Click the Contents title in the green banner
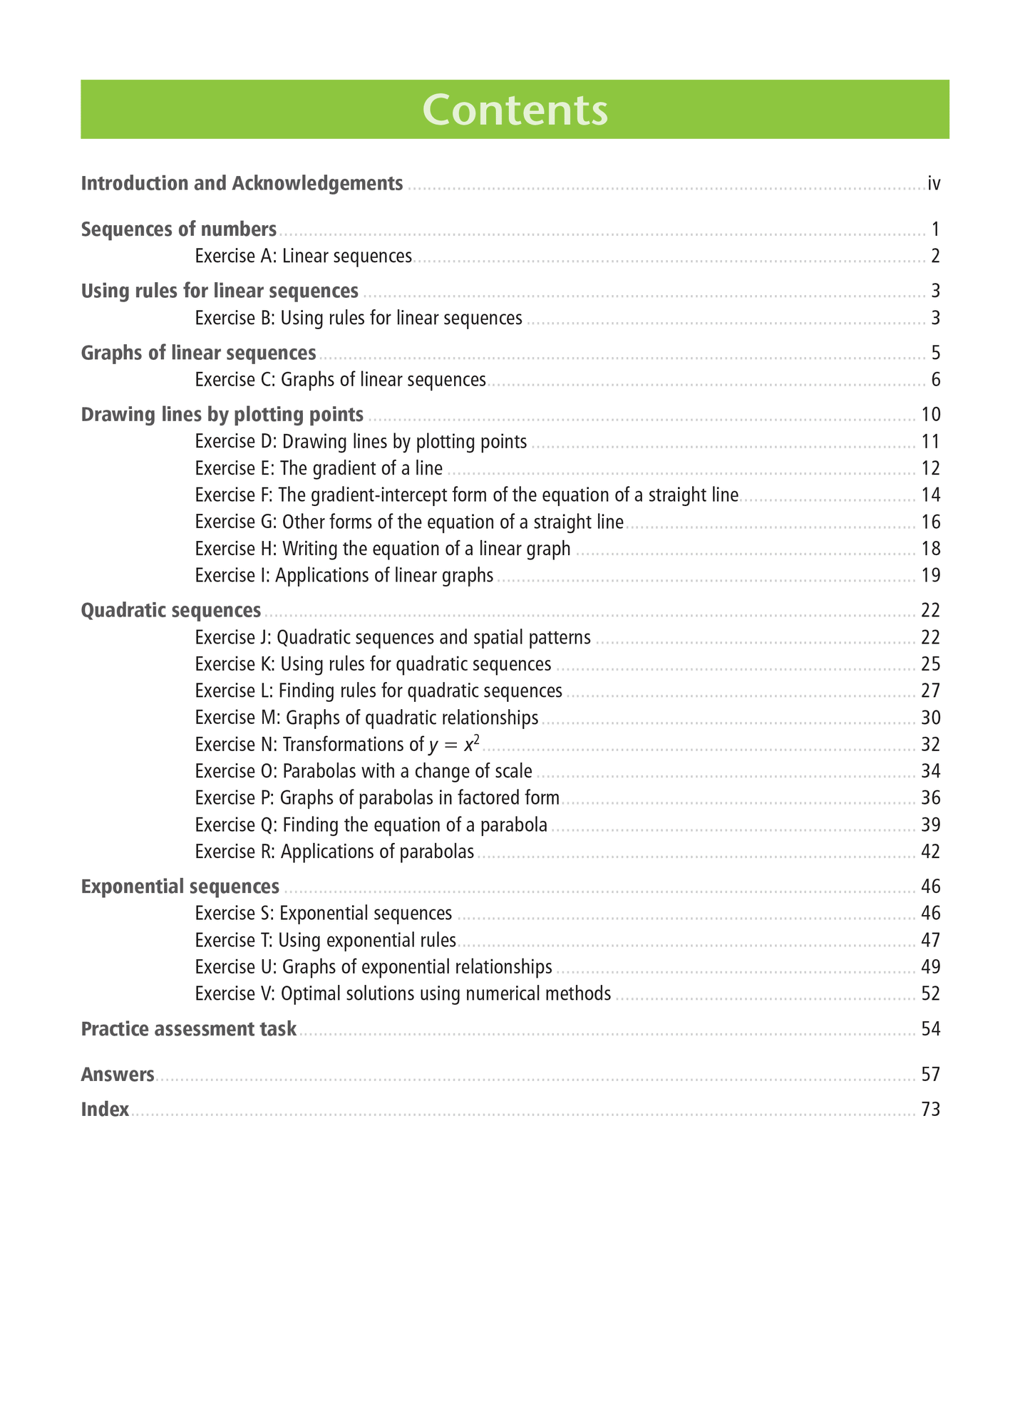515,110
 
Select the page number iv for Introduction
934,184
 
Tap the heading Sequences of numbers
179,229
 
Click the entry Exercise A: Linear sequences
304,257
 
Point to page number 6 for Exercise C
935,380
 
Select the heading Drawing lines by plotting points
222,415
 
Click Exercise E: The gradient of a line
319,468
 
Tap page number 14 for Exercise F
931,495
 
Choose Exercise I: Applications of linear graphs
344,576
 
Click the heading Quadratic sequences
171,611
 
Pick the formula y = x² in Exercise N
454,745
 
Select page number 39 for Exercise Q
931,825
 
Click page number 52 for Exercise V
931,994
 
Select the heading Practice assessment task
189,1029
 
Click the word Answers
118,1075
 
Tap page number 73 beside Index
931,1110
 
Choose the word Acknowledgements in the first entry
317,184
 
